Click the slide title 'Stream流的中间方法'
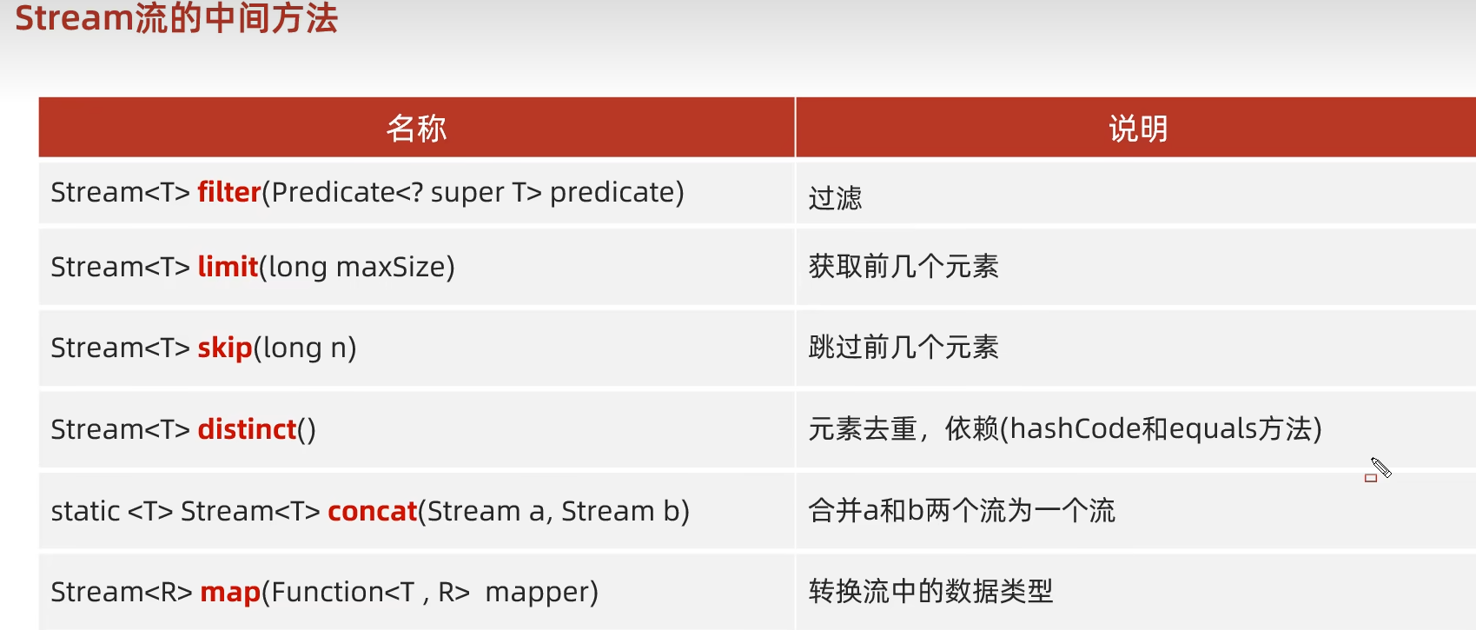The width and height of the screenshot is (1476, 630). click(176, 17)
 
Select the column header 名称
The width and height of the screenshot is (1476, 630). click(416, 128)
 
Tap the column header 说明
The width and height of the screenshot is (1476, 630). click(1138, 128)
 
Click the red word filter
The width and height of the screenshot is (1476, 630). click(229, 192)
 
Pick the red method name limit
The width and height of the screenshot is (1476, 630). click(228, 266)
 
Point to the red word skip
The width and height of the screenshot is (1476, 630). click(225, 348)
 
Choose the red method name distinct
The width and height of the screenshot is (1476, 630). click(247, 429)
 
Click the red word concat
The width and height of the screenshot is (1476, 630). click(373, 511)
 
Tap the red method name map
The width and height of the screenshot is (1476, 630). click(230, 592)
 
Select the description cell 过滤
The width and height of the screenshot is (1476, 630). click(835, 198)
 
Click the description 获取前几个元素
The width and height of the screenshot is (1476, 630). click(903, 266)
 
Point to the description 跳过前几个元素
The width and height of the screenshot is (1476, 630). click(903, 348)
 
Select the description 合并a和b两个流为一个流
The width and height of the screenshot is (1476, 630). click(962, 510)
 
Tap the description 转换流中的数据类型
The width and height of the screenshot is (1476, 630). click(930, 591)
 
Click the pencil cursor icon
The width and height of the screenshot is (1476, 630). click(1380, 468)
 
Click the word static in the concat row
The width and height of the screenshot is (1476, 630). click(86, 511)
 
